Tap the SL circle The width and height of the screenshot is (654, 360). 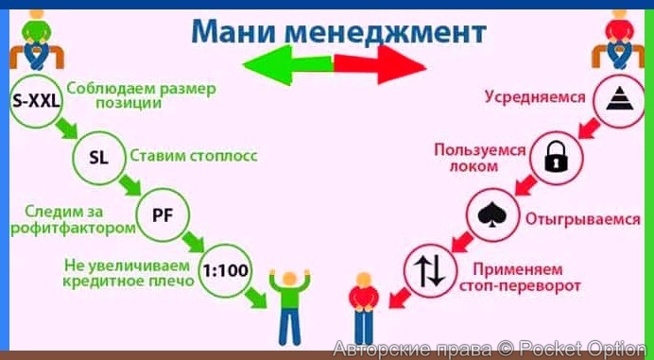pyautogui.click(x=98, y=157)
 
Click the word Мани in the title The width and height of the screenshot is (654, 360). pyautogui.click(x=228, y=30)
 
